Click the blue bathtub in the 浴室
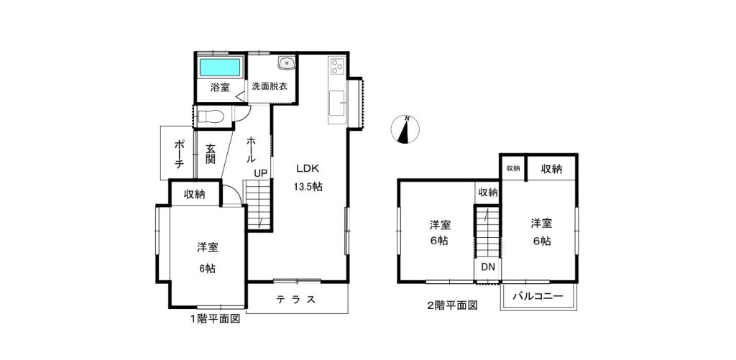pyautogui.click(x=221, y=68)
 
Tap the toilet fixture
pyautogui.click(x=212, y=116)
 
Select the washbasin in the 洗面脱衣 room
pyautogui.click(x=286, y=63)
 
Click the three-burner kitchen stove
pyautogui.click(x=337, y=67)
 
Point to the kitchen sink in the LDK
pyautogui.click(x=336, y=103)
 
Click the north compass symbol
pyautogui.click(x=405, y=129)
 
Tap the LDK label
pyautogui.click(x=308, y=168)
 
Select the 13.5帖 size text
pyautogui.click(x=308, y=186)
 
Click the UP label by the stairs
pyautogui.click(x=260, y=173)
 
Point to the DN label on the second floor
pyautogui.click(x=489, y=267)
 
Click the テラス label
pyautogui.click(x=295, y=300)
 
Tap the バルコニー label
pyautogui.click(x=538, y=296)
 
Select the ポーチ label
pyautogui.click(x=178, y=152)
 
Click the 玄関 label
pyautogui.click(x=210, y=153)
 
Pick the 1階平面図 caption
pyautogui.click(x=215, y=319)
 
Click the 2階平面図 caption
pyautogui.click(x=452, y=306)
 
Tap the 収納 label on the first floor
pyautogui.click(x=194, y=194)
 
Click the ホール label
pyautogui.click(x=251, y=149)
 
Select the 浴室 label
pyautogui.click(x=220, y=87)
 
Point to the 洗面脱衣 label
pyautogui.click(x=270, y=86)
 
